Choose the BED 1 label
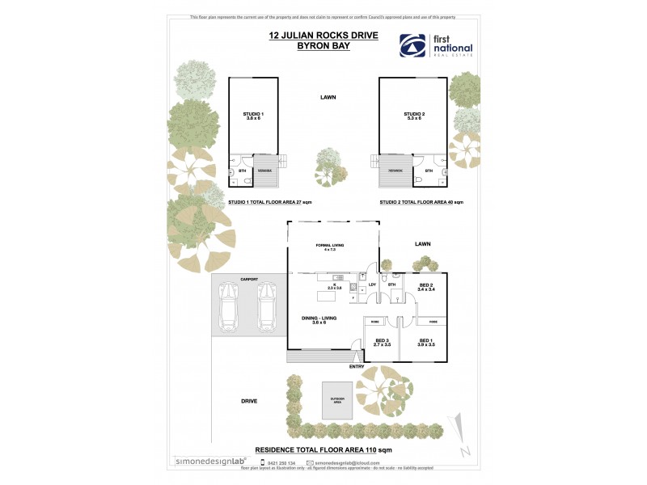coord(426,342)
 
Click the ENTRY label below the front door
coord(357,366)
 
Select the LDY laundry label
coord(372,285)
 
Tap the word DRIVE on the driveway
coord(248,401)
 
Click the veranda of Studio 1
coord(265,171)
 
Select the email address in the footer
coord(348,463)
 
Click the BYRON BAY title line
coord(298,47)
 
